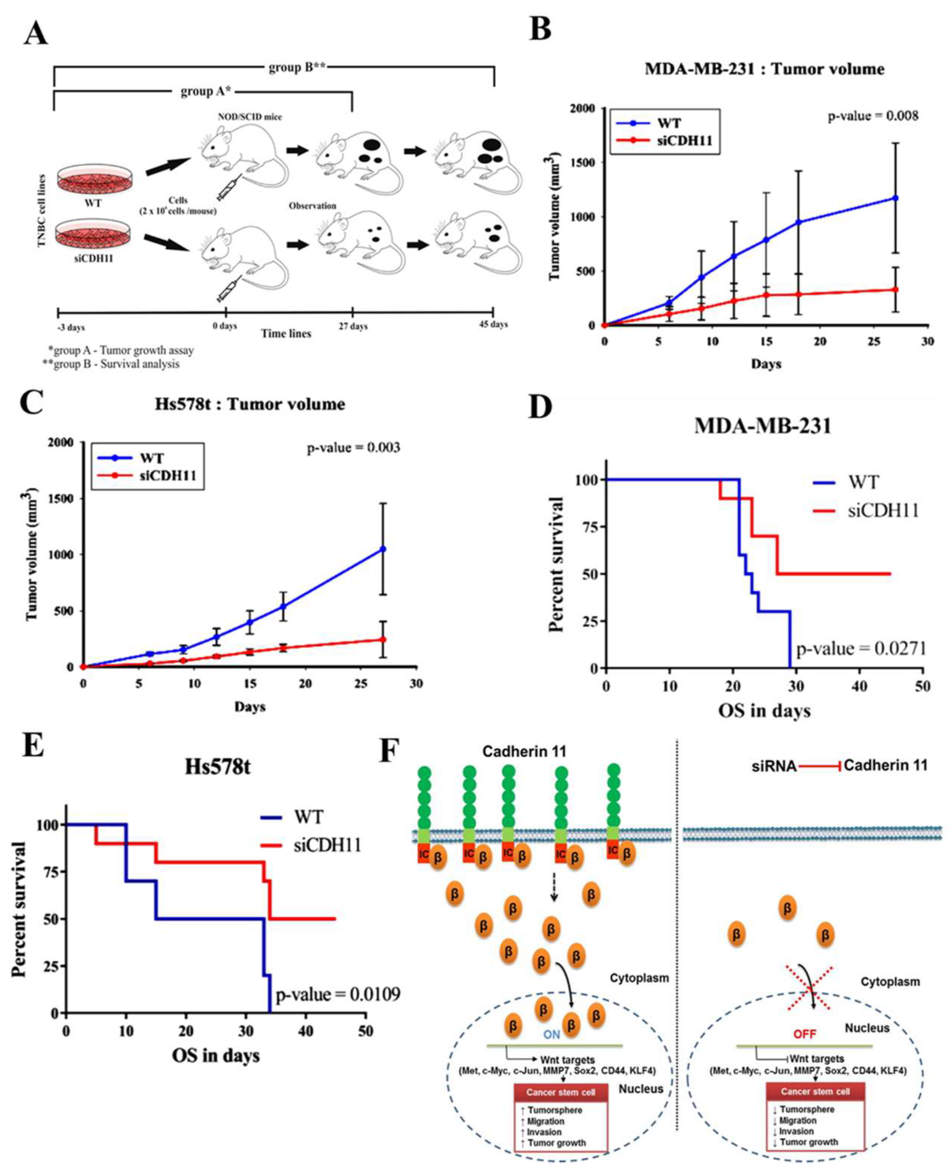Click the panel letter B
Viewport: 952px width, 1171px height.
[540, 29]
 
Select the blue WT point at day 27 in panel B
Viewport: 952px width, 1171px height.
[895, 198]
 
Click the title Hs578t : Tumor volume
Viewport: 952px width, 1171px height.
[250, 404]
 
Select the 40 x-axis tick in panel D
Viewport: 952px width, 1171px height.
[860, 686]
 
